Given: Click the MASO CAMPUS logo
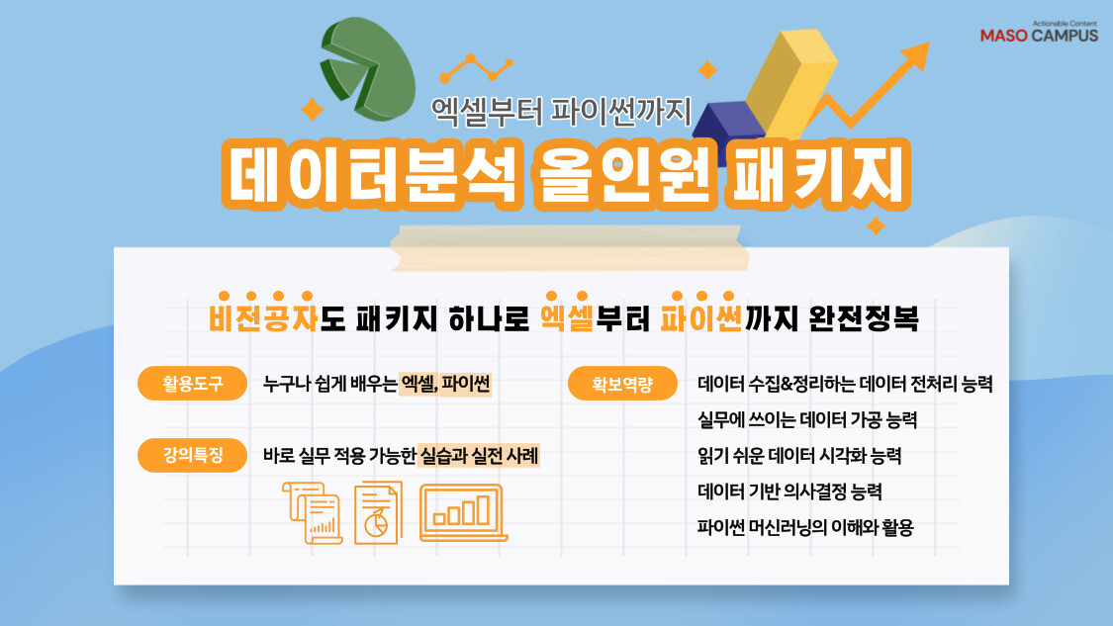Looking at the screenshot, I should point(1039,33).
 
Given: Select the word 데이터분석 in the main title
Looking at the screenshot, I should point(373,174).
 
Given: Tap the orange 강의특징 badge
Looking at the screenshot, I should point(193,456).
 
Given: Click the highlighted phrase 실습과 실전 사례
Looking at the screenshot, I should point(479,457).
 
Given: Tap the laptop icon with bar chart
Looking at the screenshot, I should point(463,512).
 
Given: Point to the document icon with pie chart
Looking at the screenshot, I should point(377,512).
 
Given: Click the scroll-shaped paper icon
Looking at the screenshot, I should point(312,512).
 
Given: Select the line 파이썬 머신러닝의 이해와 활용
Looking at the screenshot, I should point(805,527).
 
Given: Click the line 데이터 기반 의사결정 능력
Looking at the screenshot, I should point(789,492).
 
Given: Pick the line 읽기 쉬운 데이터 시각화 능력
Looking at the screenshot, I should point(799,456).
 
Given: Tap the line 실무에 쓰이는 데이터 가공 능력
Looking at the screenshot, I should point(807,420).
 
